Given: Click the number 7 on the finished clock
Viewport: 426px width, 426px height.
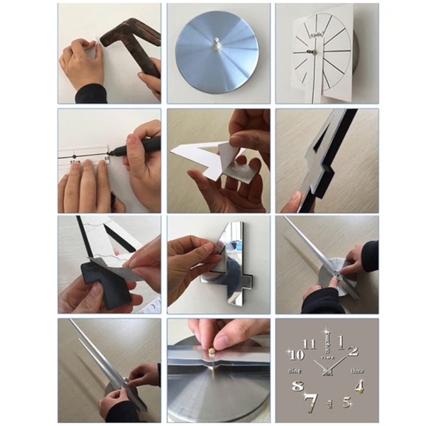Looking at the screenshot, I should tap(310, 403).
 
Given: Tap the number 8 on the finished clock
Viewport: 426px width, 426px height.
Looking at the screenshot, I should tap(297, 387).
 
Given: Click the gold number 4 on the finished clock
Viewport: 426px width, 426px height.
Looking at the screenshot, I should tap(360, 387).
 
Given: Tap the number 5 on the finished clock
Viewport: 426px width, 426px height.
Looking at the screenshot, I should tap(346, 402).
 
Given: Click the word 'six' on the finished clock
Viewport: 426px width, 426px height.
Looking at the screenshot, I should tap(329, 404).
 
